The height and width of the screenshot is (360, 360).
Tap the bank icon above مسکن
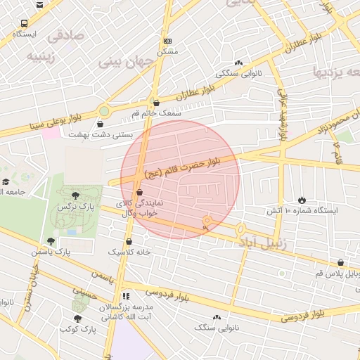pos(167,41)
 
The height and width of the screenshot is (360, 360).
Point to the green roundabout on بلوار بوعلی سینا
pos(104,110)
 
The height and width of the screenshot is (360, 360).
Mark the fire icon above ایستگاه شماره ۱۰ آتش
pos(302,200)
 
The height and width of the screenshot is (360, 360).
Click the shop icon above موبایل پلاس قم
pos(341,262)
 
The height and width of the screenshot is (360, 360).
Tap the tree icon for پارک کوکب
pos(77,319)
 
